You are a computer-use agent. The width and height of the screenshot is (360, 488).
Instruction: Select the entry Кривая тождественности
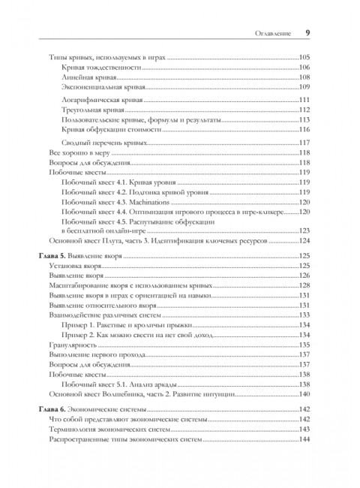tap(102, 68)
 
